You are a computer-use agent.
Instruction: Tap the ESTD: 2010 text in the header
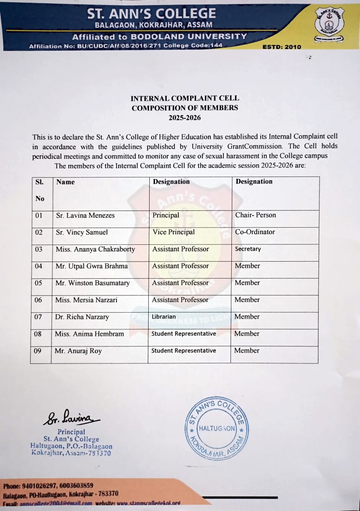[281, 47]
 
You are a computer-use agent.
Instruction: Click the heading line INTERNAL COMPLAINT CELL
[184, 98]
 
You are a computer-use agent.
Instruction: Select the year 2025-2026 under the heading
[184, 118]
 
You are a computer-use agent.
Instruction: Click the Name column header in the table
[65, 182]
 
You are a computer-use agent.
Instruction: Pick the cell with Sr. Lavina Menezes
[85, 216]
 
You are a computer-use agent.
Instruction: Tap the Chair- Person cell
[255, 215]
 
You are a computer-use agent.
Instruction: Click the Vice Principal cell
[174, 232]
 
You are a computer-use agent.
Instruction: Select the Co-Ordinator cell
[255, 232]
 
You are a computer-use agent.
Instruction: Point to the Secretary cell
[248, 249]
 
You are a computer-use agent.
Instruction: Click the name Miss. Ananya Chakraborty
[95, 249]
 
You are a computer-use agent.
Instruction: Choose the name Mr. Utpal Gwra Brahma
[92, 266]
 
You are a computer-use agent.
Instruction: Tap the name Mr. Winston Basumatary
[92, 283]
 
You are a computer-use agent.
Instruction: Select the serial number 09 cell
[39, 351]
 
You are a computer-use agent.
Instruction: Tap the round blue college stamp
[216, 428]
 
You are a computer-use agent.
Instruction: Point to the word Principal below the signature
[71, 432]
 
